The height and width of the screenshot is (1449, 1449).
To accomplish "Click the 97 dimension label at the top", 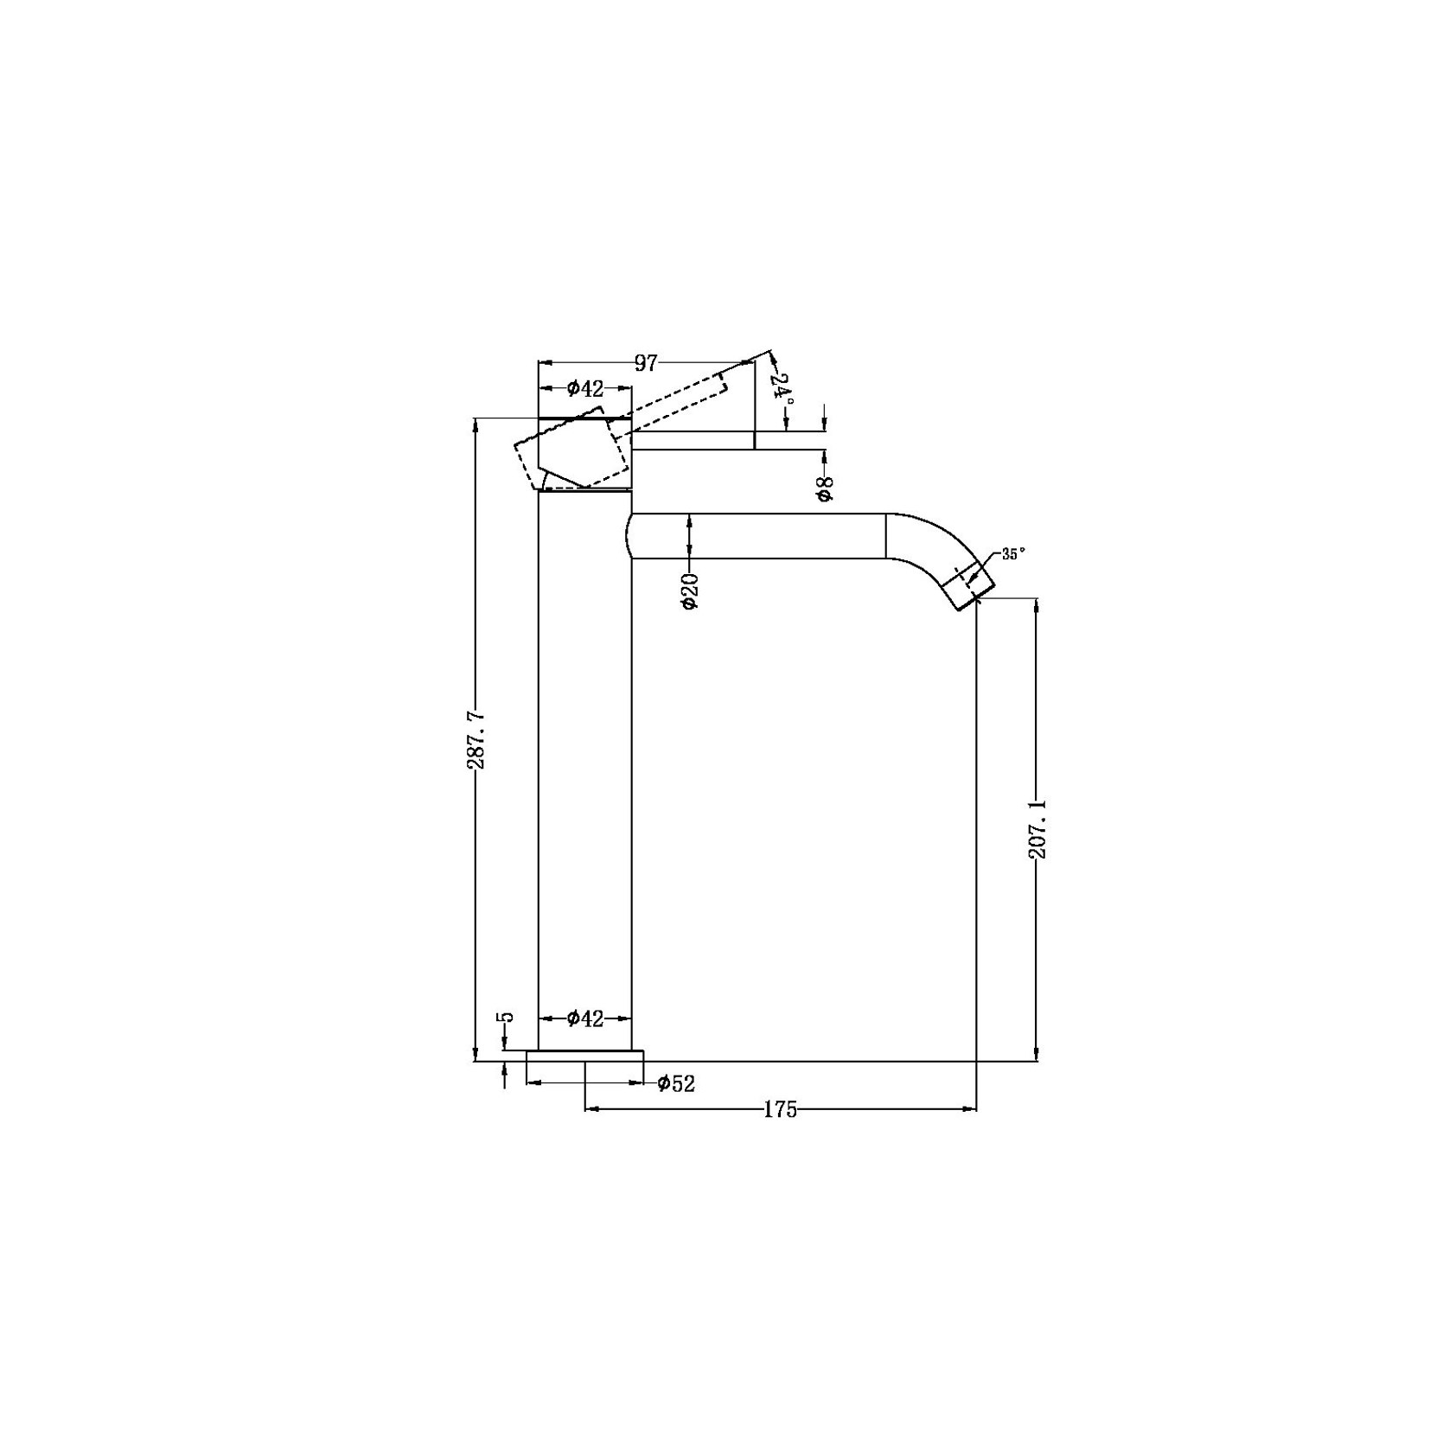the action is (x=646, y=363).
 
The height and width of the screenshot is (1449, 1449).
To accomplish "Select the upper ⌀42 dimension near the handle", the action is (x=585, y=389).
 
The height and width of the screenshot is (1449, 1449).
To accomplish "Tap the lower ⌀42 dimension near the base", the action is (x=585, y=1019).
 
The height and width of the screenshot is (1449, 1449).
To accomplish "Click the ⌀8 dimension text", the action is (x=825, y=488).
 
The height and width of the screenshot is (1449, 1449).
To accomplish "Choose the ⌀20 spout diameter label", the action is (x=690, y=590).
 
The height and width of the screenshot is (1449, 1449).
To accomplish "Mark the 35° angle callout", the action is (x=1013, y=554).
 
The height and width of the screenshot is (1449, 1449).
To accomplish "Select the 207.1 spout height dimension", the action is (x=1037, y=829).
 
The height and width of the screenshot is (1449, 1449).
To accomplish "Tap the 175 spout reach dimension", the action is (x=780, y=1110).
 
